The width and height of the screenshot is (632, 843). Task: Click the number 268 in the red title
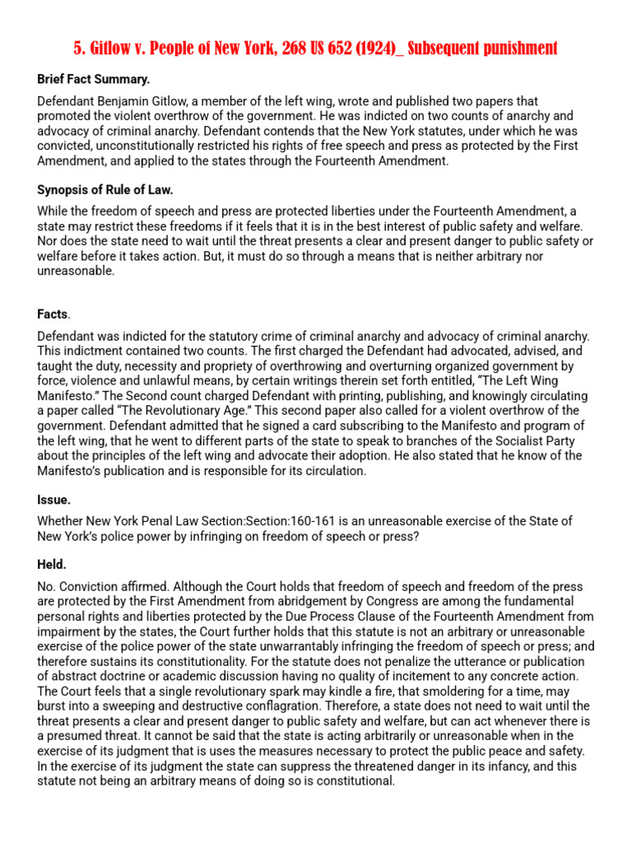(x=314, y=49)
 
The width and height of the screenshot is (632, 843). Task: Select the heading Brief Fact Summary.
(x=94, y=80)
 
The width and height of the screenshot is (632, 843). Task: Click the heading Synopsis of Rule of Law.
(x=105, y=190)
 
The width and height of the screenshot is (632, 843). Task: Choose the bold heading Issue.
(x=53, y=500)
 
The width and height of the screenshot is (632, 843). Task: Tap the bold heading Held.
(x=52, y=565)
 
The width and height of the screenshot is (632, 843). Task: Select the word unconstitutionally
(x=140, y=146)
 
